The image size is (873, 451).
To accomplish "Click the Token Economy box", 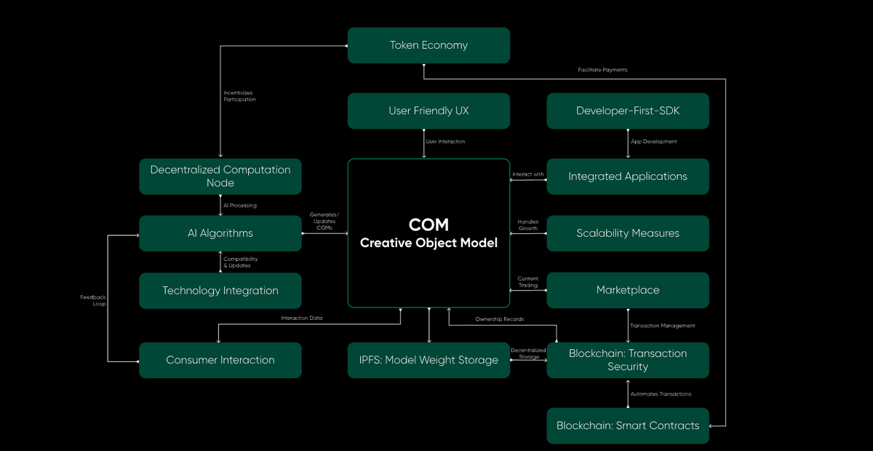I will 428,45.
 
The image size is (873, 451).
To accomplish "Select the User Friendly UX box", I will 428,111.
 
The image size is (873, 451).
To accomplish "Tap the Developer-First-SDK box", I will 628,111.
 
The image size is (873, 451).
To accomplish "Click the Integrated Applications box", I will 628,176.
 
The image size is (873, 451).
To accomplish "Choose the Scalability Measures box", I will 628,233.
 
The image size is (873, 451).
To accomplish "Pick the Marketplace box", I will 628,290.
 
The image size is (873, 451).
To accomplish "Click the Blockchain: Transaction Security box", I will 628,360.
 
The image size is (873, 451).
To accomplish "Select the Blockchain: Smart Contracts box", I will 628,425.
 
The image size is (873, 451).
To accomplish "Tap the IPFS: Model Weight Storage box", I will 428,360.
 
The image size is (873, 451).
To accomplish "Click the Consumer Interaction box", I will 220,360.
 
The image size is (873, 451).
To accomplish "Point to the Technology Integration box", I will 220,291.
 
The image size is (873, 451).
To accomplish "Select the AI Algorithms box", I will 220,233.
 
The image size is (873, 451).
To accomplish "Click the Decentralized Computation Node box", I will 220,176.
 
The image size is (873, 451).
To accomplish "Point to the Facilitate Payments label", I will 602,70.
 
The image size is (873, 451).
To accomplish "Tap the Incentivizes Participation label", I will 239,95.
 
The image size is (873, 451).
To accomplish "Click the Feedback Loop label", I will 93,300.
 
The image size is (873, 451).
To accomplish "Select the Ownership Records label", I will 499,319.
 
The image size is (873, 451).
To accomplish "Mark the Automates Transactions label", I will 661,394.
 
